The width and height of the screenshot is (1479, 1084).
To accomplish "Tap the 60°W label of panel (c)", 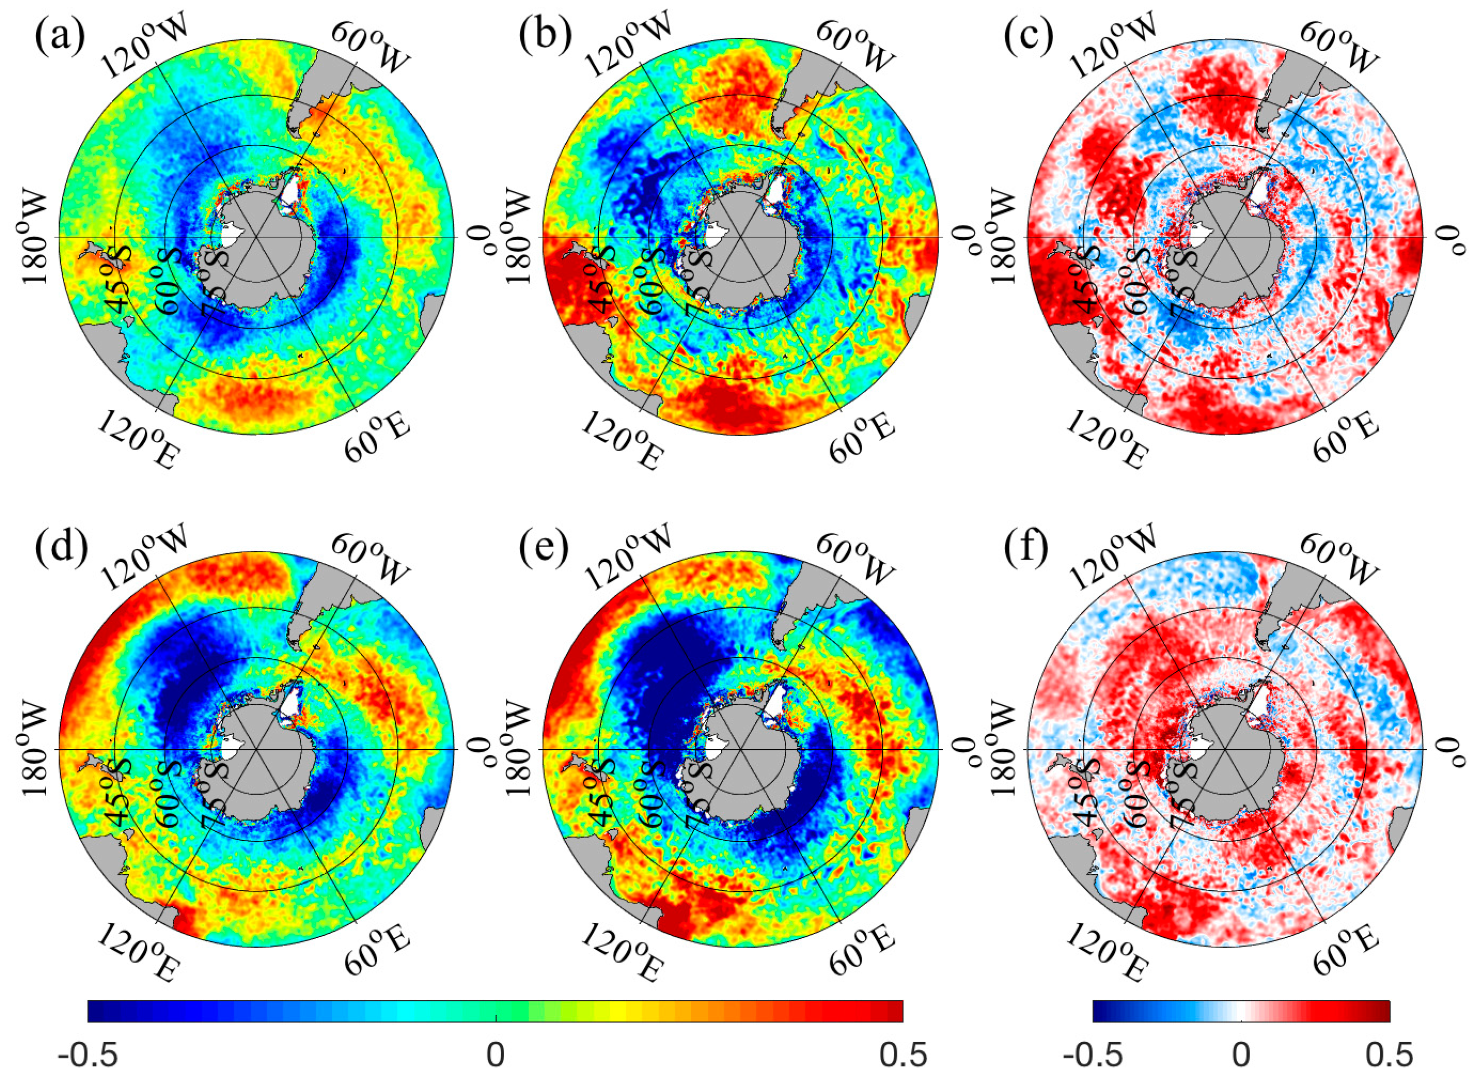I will click(1336, 46).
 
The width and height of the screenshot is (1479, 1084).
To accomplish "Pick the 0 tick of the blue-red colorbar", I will click(1241, 1056).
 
